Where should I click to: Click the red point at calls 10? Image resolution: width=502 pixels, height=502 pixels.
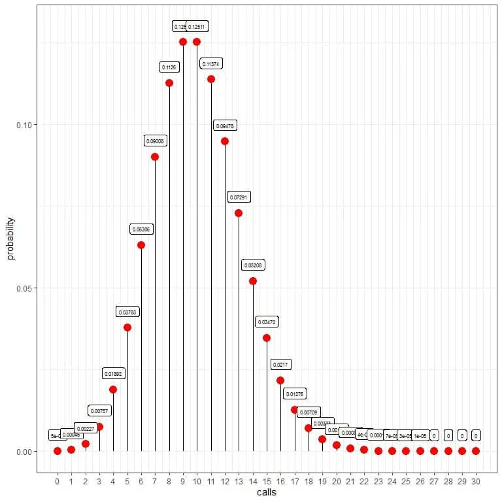(x=197, y=42)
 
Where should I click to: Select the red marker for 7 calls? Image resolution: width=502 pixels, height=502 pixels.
(x=155, y=157)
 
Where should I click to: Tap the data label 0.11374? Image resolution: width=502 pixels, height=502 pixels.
(x=211, y=64)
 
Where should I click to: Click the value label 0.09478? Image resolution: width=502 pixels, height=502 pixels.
(x=225, y=125)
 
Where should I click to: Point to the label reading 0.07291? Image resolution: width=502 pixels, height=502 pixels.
(x=239, y=197)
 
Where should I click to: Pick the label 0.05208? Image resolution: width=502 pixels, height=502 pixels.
(x=252, y=266)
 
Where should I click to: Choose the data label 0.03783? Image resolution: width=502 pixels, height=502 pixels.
(x=127, y=312)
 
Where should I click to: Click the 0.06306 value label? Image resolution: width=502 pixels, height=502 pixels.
(x=141, y=229)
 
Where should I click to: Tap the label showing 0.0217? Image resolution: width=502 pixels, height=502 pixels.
(x=281, y=364)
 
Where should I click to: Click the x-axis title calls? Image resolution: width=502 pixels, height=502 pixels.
(x=266, y=492)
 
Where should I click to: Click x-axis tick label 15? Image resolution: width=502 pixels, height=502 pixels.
(x=267, y=482)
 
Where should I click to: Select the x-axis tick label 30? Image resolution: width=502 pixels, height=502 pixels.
(x=476, y=482)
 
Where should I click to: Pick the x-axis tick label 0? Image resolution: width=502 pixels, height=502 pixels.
(x=58, y=482)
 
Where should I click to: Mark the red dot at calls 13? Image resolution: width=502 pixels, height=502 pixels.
(x=239, y=213)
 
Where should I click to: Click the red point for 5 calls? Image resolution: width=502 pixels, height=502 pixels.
(x=127, y=327)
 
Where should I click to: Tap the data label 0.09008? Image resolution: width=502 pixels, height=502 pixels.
(x=155, y=141)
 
